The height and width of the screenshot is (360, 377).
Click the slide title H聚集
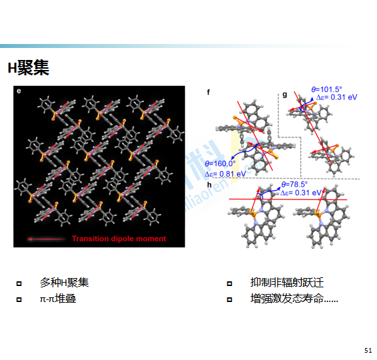[29, 68]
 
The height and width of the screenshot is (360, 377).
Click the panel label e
[19, 91]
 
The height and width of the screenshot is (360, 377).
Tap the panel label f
[208, 92]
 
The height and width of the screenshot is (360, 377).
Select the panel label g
[284, 94]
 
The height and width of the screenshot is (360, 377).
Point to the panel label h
[209, 185]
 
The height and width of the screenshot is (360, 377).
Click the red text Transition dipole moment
[119, 239]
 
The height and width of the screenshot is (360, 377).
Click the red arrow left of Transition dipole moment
[47, 239]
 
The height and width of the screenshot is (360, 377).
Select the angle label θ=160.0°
[220, 163]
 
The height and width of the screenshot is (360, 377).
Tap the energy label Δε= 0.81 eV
[225, 174]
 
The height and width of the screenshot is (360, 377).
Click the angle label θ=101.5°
[326, 89]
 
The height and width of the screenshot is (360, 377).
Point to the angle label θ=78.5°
[294, 184]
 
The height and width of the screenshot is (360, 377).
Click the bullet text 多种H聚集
[64, 283]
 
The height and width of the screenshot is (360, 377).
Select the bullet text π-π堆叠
[58, 299]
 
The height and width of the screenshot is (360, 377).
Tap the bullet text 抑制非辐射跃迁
[287, 283]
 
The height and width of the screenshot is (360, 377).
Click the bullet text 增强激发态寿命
[287, 299]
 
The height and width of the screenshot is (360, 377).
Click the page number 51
[368, 350]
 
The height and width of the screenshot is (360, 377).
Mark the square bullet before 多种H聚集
[19, 283]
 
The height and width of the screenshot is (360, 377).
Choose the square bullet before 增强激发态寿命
[230, 299]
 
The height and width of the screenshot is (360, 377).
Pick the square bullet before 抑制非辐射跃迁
[230, 283]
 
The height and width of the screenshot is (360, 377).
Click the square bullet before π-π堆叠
[19, 299]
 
